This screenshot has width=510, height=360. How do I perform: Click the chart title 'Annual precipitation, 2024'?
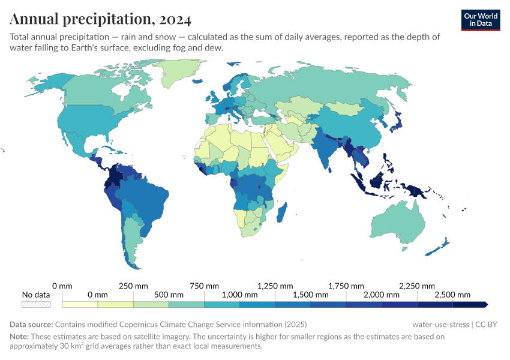(x=100, y=20)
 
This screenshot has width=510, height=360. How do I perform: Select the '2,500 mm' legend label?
(x=452, y=295)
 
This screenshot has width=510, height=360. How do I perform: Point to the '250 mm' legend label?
(x=133, y=285)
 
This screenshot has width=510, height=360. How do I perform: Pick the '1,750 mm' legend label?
(x=346, y=285)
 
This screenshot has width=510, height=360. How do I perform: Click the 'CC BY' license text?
(x=487, y=325)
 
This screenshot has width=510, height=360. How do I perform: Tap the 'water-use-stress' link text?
(x=440, y=325)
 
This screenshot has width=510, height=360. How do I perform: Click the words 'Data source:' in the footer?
(x=31, y=325)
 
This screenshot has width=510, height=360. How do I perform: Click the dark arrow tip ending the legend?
(x=485, y=304)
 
